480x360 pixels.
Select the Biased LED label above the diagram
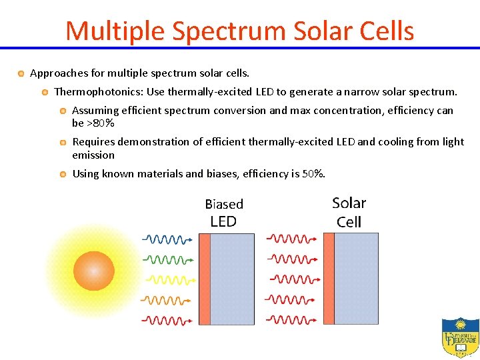224,213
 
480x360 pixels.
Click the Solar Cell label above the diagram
349,212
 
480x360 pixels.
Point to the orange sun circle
94,270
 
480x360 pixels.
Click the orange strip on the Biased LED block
205,279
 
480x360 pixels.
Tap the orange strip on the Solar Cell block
329,278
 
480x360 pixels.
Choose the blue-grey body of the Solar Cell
356,278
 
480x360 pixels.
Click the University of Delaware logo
460,337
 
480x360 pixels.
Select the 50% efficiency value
313,174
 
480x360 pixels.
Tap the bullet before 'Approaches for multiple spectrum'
22,72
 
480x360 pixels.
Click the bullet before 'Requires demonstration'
63,142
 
